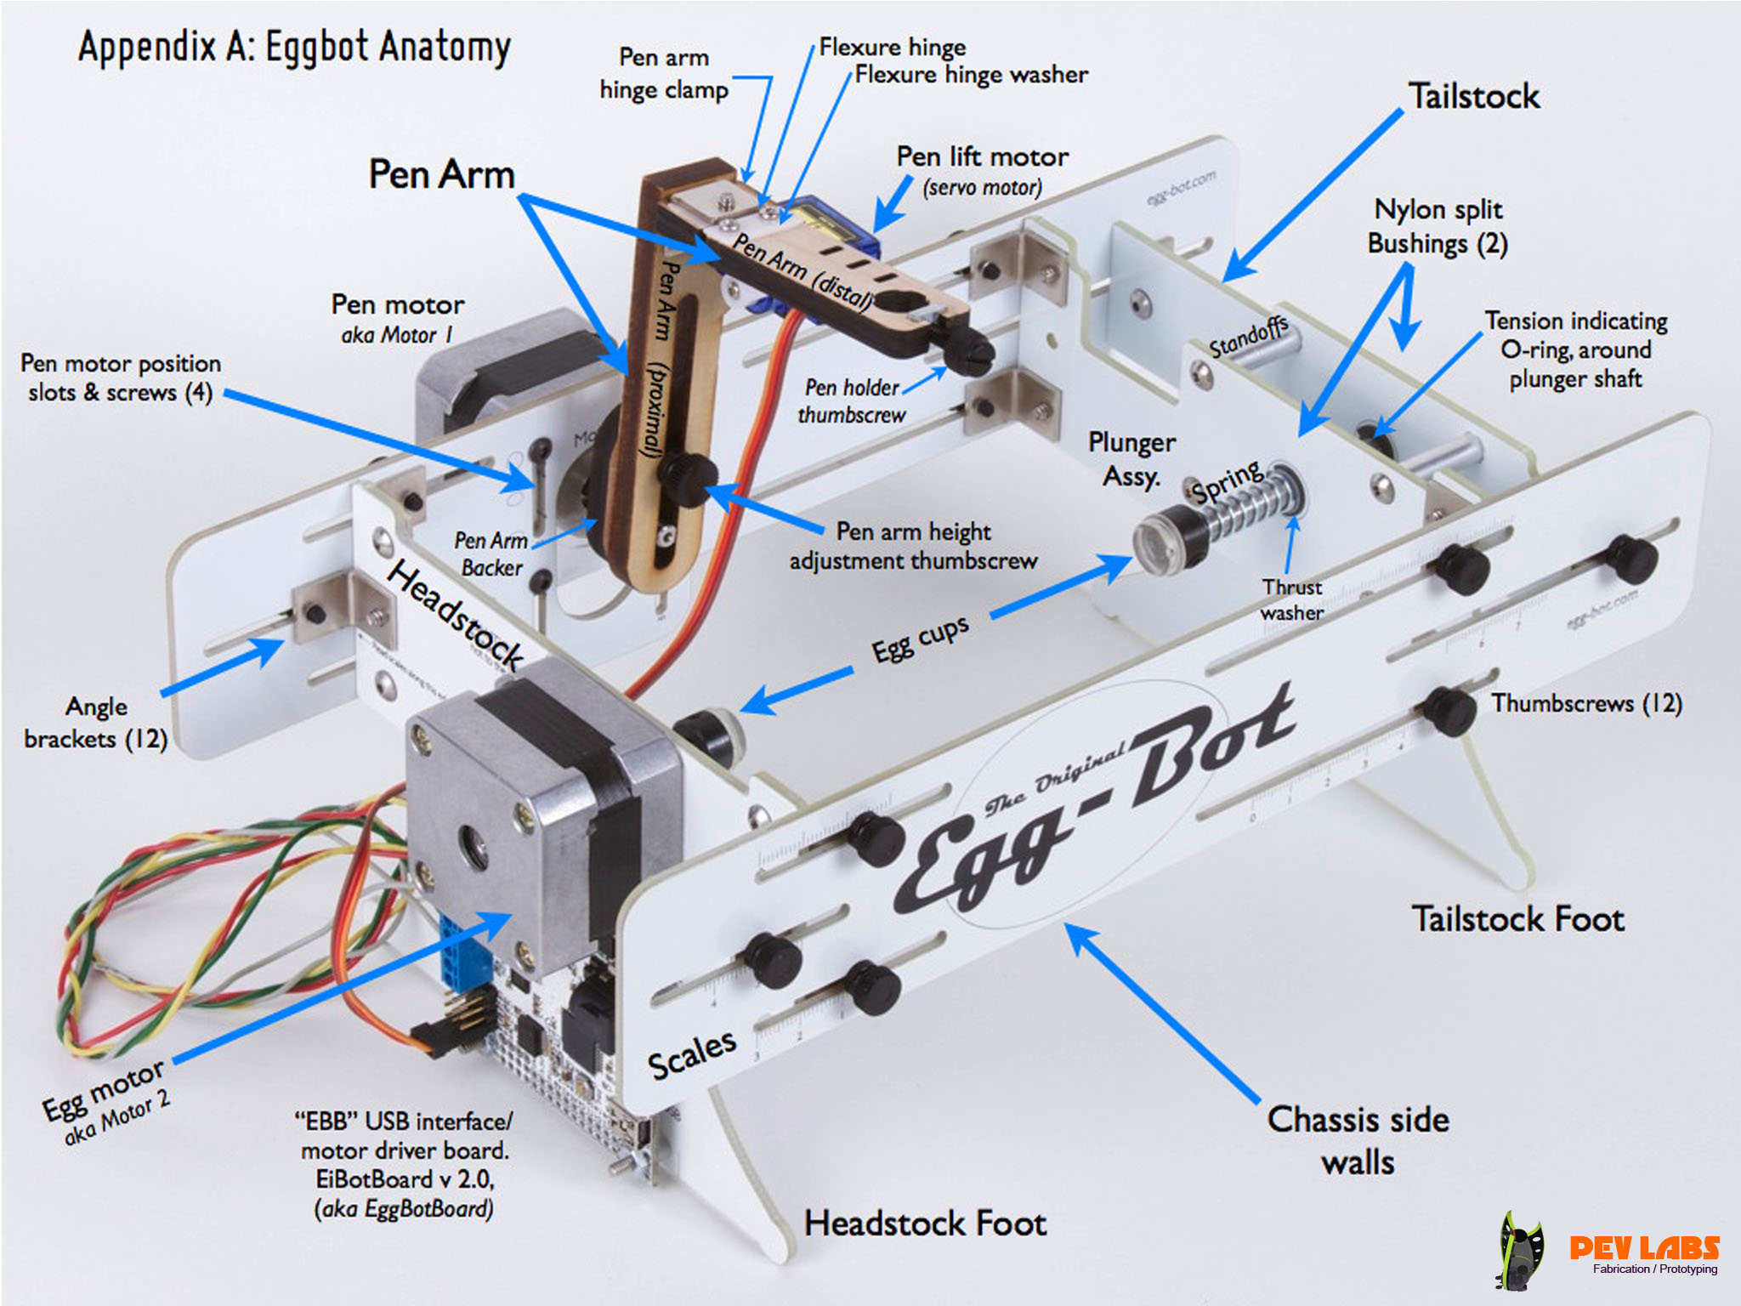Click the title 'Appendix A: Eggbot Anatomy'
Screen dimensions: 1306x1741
coord(294,48)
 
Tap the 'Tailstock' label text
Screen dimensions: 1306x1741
coord(1473,96)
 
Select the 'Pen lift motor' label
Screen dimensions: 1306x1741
coord(982,158)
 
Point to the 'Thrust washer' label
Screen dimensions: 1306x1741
coord(1291,599)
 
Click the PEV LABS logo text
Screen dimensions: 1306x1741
coord(1643,1247)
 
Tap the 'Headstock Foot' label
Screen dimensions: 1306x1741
coord(925,1224)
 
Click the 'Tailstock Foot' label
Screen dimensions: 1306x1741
coord(1517,919)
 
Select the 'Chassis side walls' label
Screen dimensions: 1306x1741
coord(1358,1140)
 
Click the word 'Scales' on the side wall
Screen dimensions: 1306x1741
coord(691,1054)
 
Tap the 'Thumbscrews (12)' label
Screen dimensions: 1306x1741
coord(1586,704)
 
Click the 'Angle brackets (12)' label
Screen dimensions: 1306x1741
coord(96,723)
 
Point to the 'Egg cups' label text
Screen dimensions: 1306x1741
coord(920,638)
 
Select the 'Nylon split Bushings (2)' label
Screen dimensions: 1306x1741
coord(1438,226)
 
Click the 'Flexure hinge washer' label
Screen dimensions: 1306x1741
coord(971,76)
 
